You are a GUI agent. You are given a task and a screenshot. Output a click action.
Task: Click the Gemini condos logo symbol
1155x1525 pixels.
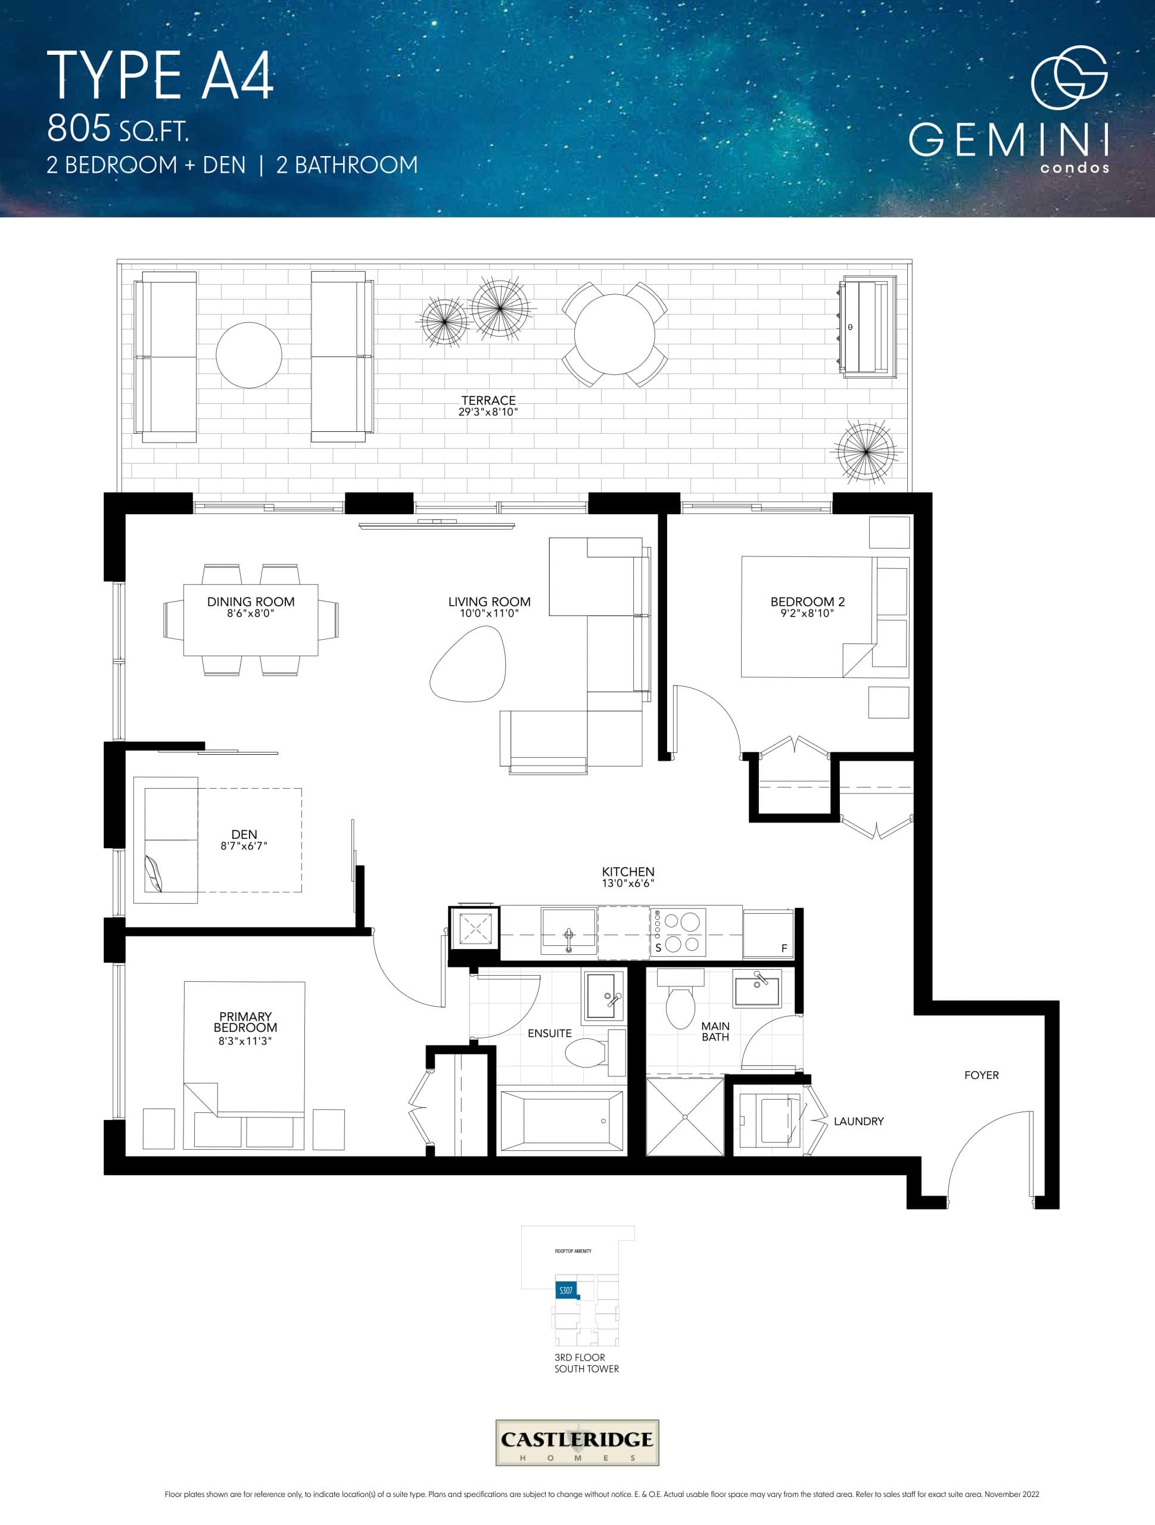1069,77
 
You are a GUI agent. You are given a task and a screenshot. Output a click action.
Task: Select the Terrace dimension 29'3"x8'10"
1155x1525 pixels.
488,412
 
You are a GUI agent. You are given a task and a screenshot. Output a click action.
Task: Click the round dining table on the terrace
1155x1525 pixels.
614,334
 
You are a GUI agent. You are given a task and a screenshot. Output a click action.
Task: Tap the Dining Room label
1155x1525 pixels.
250,602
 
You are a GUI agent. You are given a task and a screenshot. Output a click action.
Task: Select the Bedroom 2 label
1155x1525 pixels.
807,602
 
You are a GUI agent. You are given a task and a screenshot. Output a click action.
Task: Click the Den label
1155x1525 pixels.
244,834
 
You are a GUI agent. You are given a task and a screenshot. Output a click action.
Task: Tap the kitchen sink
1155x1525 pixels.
568,932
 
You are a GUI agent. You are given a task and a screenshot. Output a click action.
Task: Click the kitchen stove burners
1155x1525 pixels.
682,932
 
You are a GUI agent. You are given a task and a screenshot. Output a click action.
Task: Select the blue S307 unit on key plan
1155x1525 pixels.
565,1290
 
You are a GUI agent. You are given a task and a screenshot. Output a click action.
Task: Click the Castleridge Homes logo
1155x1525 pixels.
577,1442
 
